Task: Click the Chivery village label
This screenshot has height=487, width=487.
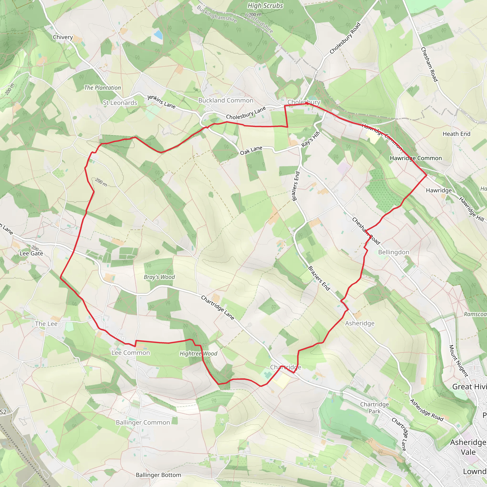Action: click(x=63, y=37)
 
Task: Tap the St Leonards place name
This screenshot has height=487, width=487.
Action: click(x=120, y=103)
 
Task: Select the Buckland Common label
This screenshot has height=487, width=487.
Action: click(x=226, y=100)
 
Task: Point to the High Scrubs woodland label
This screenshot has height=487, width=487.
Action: click(x=265, y=6)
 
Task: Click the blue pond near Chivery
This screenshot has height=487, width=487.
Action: click(x=158, y=35)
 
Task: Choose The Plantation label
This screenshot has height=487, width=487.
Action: click(x=102, y=88)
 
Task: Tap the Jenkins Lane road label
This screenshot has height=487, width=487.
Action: click(x=161, y=102)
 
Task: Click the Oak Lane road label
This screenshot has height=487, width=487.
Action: click(x=251, y=151)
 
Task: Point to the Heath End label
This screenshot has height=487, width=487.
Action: click(x=457, y=134)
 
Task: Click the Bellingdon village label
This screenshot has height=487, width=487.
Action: click(x=394, y=252)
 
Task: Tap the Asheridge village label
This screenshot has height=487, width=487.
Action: click(x=360, y=323)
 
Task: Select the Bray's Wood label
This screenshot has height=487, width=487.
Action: click(x=159, y=277)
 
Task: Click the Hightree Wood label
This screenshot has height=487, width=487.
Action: click(x=198, y=354)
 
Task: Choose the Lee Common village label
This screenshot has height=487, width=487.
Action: click(x=131, y=353)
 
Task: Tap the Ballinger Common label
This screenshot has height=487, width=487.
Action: click(x=143, y=423)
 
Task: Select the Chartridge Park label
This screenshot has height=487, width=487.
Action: click(x=374, y=408)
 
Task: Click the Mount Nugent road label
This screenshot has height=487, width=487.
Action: click(x=458, y=361)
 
